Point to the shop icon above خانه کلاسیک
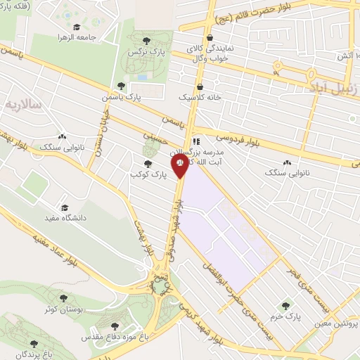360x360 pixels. click(x=200, y=86)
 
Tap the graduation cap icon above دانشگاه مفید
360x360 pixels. click(x=65, y=208)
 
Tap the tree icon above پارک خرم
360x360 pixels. click(x=285, y=306)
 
